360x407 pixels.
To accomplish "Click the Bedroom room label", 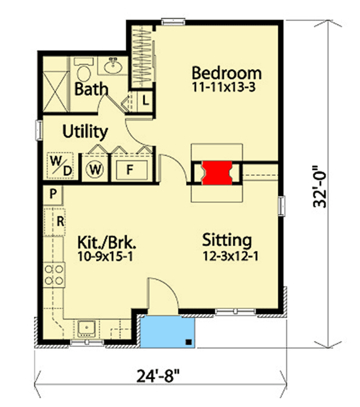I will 226,73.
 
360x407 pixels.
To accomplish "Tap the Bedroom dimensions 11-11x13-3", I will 226,88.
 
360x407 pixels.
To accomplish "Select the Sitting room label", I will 226,240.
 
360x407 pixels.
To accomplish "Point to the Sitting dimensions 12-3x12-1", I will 226,255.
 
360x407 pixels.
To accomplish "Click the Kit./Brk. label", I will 108,243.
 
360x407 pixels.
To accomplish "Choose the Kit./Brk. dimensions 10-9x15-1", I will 108,257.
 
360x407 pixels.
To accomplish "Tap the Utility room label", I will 85,131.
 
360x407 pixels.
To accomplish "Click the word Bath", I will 91,90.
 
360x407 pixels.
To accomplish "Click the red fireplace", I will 217,173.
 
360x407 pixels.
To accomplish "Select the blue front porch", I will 168,332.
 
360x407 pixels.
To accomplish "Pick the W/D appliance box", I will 60,166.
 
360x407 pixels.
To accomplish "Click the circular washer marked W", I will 95,169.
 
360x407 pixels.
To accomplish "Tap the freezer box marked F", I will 129,168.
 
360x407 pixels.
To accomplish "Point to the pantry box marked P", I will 53,193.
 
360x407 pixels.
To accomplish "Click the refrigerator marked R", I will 59,220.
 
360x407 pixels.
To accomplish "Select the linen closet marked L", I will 146,100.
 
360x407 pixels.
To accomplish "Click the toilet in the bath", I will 85,72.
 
